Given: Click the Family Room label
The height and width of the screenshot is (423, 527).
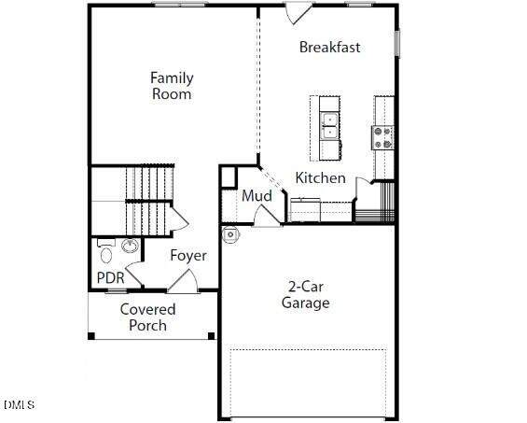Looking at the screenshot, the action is click(x=172, y=86).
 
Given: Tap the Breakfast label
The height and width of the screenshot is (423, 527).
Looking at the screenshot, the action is click(x=329, y=47).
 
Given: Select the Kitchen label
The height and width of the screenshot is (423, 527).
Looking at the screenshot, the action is click(x=320, y=177).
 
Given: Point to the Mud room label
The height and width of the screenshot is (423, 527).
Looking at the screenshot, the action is click(x=257, y=196).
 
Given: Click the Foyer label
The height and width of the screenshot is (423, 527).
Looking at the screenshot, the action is click(x=188, y=255).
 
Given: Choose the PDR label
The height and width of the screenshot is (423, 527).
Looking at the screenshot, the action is click(x=111, y=278).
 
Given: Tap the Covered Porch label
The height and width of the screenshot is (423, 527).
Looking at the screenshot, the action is click(x=148, y=317).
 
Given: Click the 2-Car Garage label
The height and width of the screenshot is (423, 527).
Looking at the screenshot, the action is click(x=306, y=295).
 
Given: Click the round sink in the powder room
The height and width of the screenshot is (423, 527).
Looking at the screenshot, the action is click(x=130, y=246).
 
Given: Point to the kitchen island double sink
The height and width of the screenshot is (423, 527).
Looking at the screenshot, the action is click(x=330, y=126).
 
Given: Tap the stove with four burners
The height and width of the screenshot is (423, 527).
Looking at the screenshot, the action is click(x=382, y=137).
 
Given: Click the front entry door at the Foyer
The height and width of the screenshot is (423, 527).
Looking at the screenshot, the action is click(x=183, y=281).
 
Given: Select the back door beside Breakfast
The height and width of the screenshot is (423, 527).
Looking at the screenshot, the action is click(x=298, y=13).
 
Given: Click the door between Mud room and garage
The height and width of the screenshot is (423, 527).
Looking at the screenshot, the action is click(x=267, y=216).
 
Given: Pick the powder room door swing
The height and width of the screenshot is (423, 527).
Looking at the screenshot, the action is click(x=133, y=275).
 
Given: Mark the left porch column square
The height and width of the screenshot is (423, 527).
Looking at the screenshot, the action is click(x=91, y=336).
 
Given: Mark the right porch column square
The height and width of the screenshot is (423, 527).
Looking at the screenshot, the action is click(x=212, y=336).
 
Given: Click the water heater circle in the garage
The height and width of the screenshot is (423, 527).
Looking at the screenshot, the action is click(x=231, y=234).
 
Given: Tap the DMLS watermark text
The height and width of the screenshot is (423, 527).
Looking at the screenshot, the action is click(x=20, y=404).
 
